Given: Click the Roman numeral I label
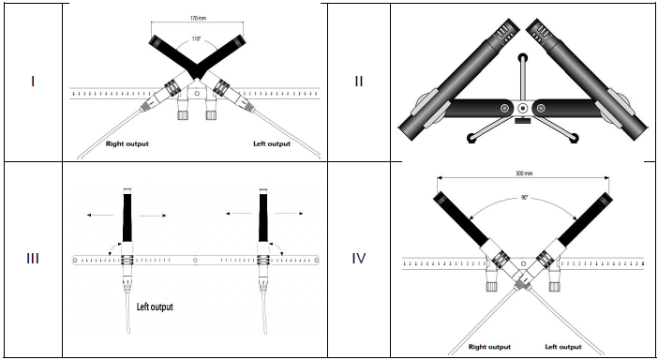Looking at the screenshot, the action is click(x=33, y=81).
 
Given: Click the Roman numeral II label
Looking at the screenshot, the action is click(x=358, y=81).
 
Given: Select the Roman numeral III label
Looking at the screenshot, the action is click(x=33, y=259).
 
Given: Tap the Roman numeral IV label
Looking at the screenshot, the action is click(x=359, y=259).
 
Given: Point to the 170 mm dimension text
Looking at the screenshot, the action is click(x=198, y=18).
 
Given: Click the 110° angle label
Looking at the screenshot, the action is click(x=196, y=39).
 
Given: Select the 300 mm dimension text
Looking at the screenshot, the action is click(x=523, y=172).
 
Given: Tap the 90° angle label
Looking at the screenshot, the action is click(x=524, y=198).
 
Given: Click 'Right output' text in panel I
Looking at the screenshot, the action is click(x=127, y=144).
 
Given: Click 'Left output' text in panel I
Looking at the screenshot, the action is click(x=272, y=144).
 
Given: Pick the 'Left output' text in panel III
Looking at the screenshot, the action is click(x=155, y=307).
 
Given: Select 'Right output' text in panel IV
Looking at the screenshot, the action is click(x=489, y=347).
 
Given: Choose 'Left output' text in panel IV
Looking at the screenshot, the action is click(x=563, y=347).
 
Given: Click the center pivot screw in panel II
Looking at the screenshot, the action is click(x=522, y=108).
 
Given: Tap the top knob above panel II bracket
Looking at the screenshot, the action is click(x=522, y=57).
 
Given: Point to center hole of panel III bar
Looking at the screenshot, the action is click(x=195, y=260).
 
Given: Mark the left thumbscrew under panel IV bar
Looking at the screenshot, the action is click(x=491, y=287).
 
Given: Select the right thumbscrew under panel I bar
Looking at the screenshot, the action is click(x=211, y=114).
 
